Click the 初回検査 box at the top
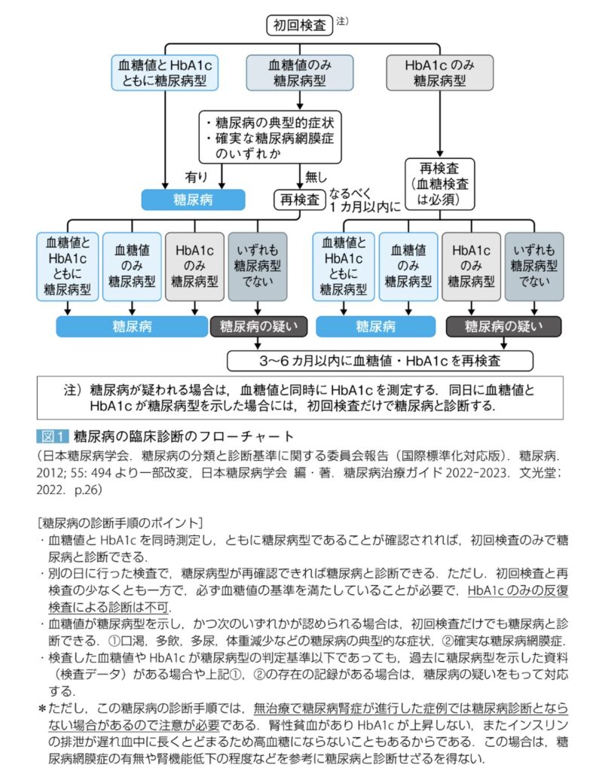click(299, 25)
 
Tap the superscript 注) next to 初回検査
click(341, 20)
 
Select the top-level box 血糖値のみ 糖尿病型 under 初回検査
click(299, 73)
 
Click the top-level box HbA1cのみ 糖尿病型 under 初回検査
click(439, 73)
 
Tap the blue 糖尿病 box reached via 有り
click(194, 200)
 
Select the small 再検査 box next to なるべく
click(299, 200)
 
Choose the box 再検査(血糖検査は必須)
click(441, 183)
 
